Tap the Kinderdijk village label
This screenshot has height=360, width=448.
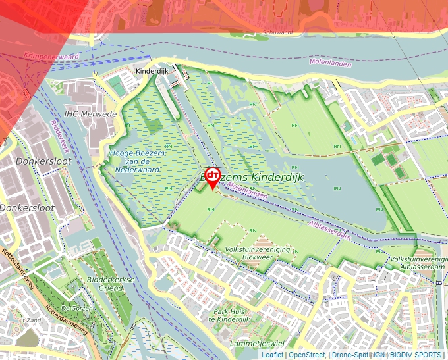[x=153, y=70]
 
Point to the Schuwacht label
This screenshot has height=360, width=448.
[x=277, y=32]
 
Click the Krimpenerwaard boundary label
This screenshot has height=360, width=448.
[x=51, y=57]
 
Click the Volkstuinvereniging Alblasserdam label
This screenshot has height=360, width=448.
[x=418, y=263]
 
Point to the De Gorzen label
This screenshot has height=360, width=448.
[x=74, y=307]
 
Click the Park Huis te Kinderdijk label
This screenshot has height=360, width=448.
[x=257, y=315]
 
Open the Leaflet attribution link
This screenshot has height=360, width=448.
[x=272, y=355]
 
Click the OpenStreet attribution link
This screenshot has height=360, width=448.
[x=306, y=355]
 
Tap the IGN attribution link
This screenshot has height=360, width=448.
[x=379, y=355]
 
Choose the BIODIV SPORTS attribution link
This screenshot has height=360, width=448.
[x=415, y=355]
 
